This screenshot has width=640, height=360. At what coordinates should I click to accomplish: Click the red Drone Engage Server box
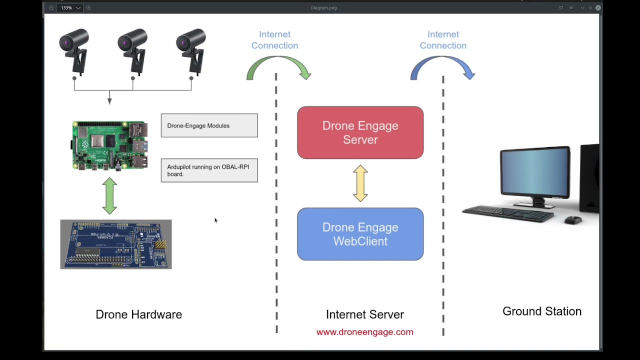click(x=360, y=132)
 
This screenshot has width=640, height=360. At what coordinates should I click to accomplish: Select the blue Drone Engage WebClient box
click(x=360, y=234)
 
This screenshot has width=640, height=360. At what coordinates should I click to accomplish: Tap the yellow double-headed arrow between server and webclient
click(x=360, y=183)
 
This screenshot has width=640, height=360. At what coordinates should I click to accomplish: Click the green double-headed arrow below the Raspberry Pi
click(x=109, y=196)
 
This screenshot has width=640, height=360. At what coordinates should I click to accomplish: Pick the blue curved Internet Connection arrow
click(x=442, y=67)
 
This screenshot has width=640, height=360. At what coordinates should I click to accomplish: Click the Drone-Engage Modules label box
click(x=209, y=125)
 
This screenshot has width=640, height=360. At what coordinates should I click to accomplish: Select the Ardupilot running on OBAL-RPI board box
click(x=209, y=170)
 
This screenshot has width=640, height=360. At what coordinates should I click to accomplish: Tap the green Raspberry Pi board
click(x=110, y=145)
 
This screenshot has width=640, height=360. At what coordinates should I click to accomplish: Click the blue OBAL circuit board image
click(x=116, y=244)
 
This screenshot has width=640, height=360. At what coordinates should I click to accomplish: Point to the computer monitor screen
click(x=534, y=172)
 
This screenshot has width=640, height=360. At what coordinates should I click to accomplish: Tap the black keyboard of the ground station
click(x=507, y=213)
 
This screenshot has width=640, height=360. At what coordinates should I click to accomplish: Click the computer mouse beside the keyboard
click(x=573, y=220)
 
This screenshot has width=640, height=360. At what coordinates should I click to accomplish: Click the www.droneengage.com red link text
click(x=364, y=332)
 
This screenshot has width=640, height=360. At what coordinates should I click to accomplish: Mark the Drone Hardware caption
click(x=138, y=314)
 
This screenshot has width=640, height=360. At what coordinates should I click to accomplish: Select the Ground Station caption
click(x=541, y=311)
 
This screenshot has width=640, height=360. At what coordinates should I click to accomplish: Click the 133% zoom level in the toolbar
click(x=66, y=8)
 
